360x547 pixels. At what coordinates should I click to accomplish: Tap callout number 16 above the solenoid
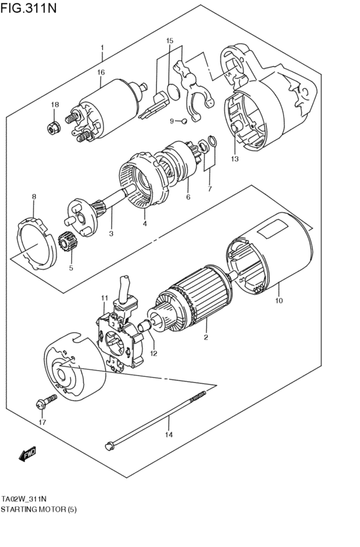[101, 72]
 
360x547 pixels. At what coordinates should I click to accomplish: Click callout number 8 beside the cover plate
[34, 196]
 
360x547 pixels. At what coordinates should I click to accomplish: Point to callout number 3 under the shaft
[111, 233]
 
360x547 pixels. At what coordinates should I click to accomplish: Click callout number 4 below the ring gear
[145, 224]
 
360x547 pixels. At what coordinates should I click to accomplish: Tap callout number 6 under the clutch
[188, 197]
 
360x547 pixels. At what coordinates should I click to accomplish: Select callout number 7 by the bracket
[209, 188]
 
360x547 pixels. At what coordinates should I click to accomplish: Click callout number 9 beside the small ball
[172, 121]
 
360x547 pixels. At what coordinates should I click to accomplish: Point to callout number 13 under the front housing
[235, 159]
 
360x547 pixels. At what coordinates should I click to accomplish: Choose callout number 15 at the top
[170, 41]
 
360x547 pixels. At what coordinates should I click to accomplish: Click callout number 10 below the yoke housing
[278, 300]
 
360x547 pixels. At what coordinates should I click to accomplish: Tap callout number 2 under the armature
[206, 337]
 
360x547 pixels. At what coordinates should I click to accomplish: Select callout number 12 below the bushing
[154, 353]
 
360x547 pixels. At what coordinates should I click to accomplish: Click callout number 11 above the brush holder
[104, 297]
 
